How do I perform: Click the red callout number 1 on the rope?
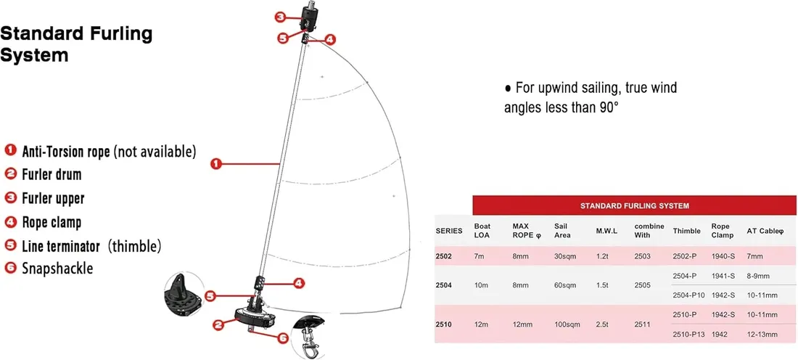pyautogui.click(x=216, y=163)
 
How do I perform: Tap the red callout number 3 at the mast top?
pyautogui.click(x=281, y=17)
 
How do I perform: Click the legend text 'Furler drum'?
pyautogui.click(x=52, y=174)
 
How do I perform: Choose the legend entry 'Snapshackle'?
pyautogui.click(x=57, y=269)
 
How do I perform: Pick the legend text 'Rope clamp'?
pyautogui.click(x=52, y=222)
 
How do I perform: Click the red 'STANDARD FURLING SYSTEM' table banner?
pyautogui.click(x=634, y=205)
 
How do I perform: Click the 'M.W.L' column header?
pyautogui.click(x=606, y=231)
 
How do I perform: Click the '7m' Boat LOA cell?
pyautogui.click(x=479, y=256)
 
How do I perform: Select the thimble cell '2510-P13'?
pyautogui.click(x=688, y=335)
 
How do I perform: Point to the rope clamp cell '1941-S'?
pyautogui.click(x=723, y=276)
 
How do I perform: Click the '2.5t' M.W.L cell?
pyautogui.click(x=603, y=324)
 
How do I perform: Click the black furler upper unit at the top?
pyautogui.click(x=309, y=20)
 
